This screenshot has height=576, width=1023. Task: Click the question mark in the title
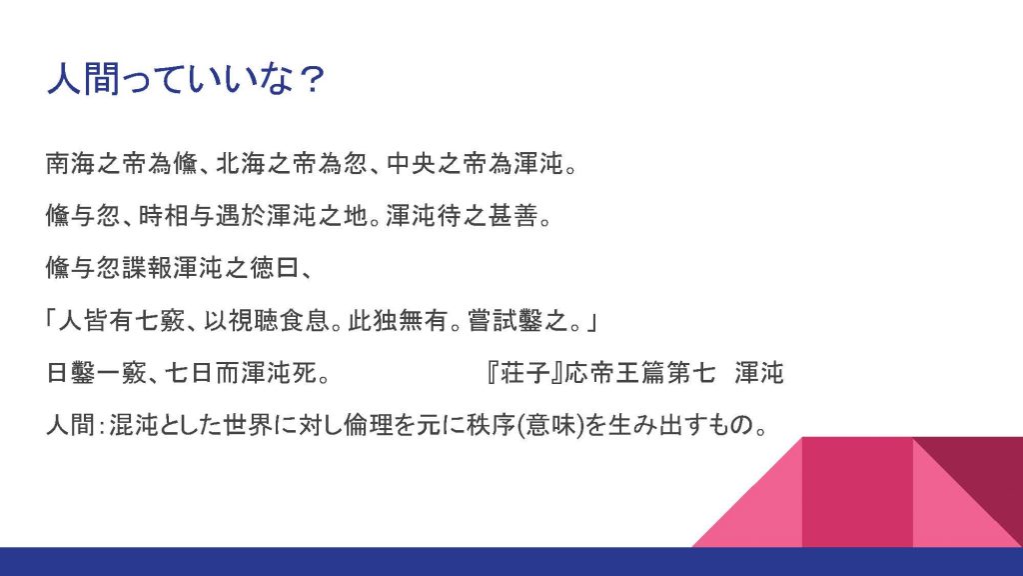[x=312, y=80]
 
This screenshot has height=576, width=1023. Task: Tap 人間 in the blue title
[x=84, y=80]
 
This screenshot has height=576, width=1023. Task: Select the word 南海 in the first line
[x=71, y=163]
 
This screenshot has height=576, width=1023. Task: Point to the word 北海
[x=241, y=163]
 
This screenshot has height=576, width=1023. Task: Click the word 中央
[x=412, y=163]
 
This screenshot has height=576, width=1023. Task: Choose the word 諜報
[x=147, y=268]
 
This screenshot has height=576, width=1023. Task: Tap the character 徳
[x=262, y=268]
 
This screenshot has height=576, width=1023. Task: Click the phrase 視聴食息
[x=279, y=321]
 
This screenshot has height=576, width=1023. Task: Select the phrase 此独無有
[x=398, y=321]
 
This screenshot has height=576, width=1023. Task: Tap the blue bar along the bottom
[x=511, y=562]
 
